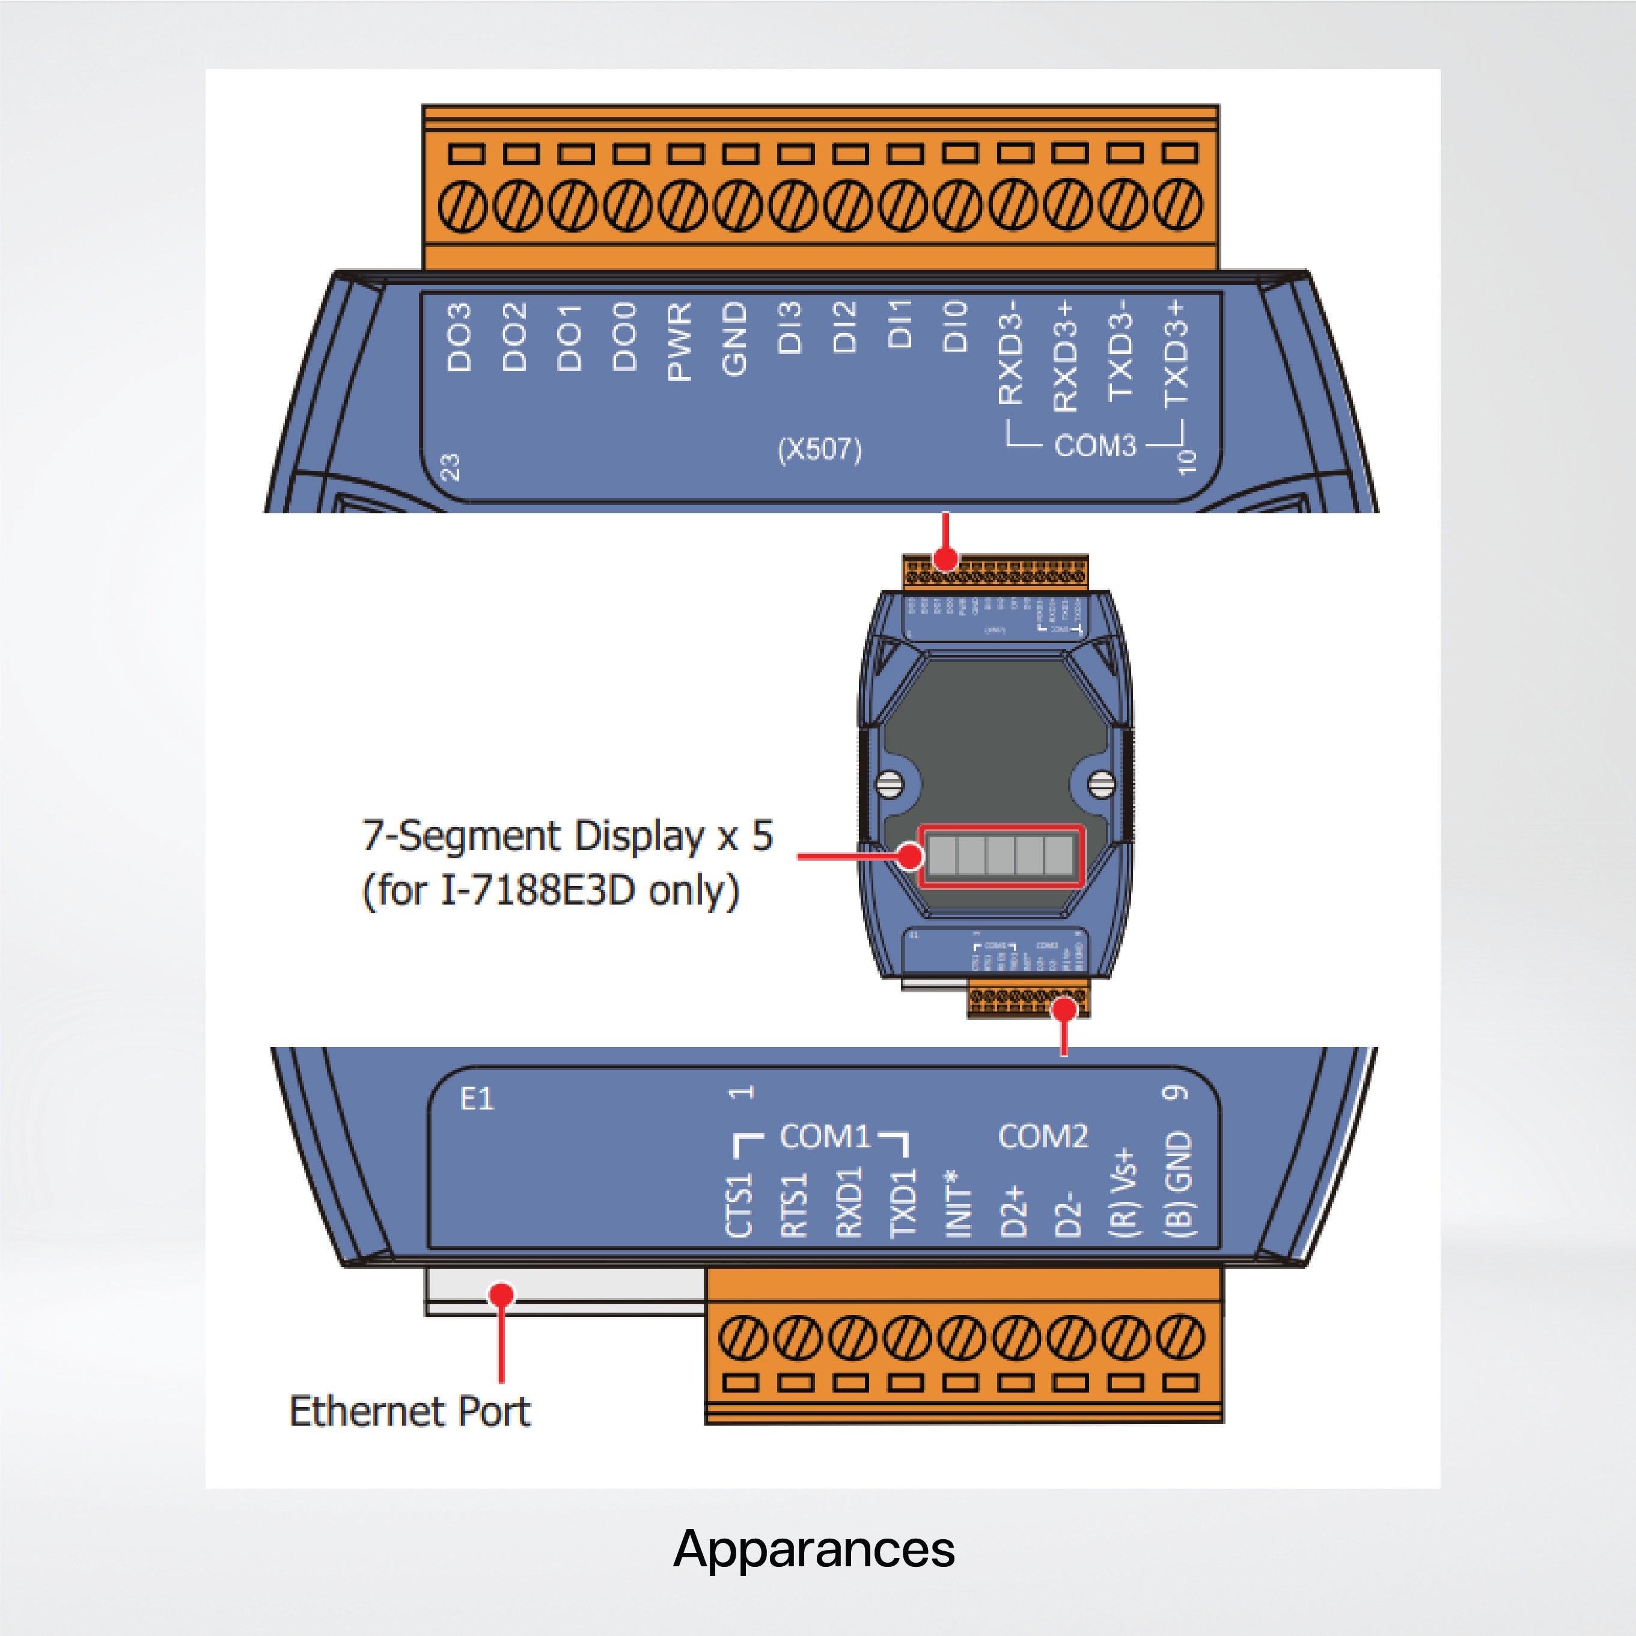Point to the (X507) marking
(x=819, y=450)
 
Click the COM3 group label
(x=1095, y=445)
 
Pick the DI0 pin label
(x=955, y=326)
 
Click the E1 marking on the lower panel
(x=476, y=1099)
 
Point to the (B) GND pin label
(x=1179, y=1185)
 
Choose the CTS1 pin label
(x=740, y=1205)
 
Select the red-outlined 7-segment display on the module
(x=1002, y=856)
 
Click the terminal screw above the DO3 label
(x=463, y=207)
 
